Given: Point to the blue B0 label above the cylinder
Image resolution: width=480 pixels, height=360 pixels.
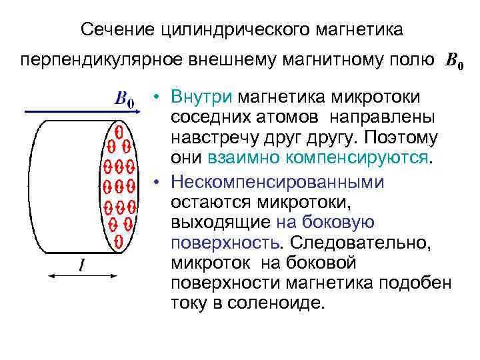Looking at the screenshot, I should pos(125,100).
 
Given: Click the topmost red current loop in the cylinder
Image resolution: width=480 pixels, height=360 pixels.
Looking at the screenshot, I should pos(119,130).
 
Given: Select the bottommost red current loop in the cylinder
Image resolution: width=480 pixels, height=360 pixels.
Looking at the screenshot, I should pos(119,239).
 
